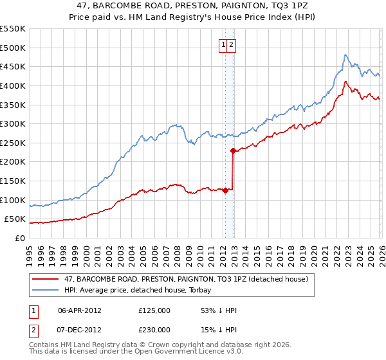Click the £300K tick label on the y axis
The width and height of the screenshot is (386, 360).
click(x=13, y=123)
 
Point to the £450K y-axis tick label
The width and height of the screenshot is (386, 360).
click(x=13, y=66)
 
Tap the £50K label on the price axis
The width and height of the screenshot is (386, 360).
click(x=15, y=219)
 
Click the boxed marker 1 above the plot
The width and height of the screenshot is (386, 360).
click(x=223, y=45)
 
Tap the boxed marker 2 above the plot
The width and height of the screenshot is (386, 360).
click(x=231, y=45)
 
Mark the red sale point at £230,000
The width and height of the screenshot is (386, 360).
click(x=232, y=150)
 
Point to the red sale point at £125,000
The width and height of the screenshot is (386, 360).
click(x=225, y=190)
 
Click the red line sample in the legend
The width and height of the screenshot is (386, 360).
click(x=46, y=279)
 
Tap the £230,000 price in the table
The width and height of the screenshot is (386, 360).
click(x=154, y=329)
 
